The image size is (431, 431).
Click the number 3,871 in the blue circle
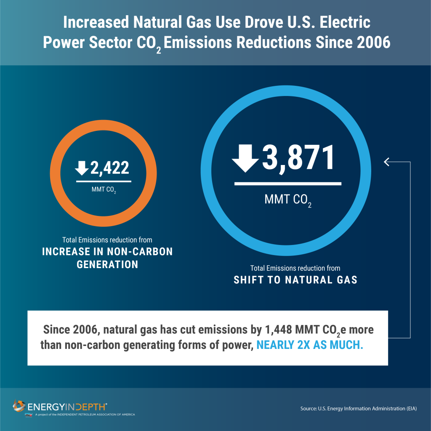299,158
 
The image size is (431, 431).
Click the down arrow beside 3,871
245,158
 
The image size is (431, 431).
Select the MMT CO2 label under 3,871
288,200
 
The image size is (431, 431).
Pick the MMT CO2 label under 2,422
104,190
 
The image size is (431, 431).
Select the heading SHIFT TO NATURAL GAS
295,279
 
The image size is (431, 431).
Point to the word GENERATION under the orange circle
107,264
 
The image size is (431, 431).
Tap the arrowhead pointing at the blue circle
386,161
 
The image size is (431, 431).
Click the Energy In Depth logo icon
19,406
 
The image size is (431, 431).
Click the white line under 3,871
287,184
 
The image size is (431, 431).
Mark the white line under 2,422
104,181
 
